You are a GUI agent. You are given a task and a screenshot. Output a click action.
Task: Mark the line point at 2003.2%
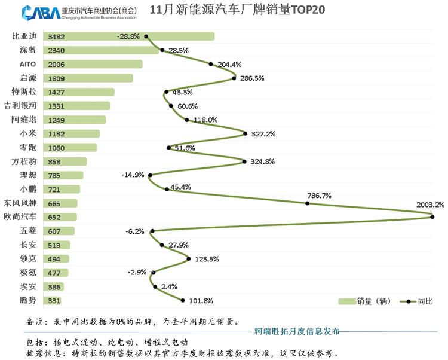pos(432,217)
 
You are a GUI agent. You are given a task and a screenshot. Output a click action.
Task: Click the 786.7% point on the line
pos(308,203)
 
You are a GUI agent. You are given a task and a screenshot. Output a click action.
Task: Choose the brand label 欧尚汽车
pos(20,217)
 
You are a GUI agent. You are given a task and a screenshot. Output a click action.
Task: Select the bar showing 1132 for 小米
pos(74,134)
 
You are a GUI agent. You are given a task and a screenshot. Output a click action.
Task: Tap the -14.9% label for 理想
pos(132,175)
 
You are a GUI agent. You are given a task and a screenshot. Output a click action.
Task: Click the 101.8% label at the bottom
pos(201,301)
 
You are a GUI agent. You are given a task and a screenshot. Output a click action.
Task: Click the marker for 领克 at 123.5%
pos(189,259)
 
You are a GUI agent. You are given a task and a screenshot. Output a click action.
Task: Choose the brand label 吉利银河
pos(20,106)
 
